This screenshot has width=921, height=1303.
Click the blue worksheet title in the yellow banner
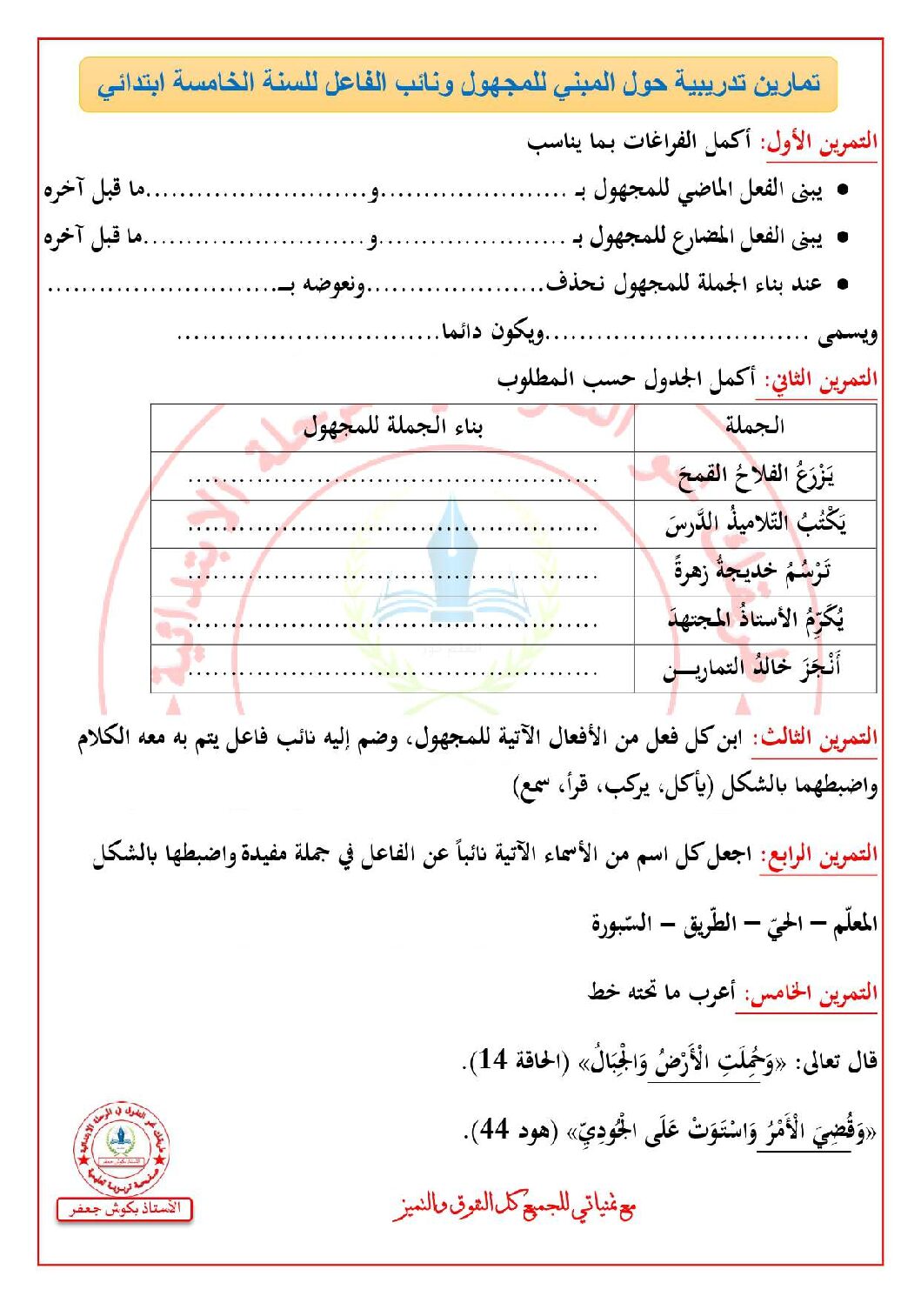(x=458, y=84)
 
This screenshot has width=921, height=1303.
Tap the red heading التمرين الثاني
(x=821, y=380)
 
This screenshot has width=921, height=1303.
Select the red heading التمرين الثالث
(x=815, y=738)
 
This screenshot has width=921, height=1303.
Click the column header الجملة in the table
(x=754, y=426)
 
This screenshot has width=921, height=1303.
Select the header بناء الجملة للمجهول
(x=392, y=426)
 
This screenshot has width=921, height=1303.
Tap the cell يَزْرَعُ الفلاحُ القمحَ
(x=755, y=476)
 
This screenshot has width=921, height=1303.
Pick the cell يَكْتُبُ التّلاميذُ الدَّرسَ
(x=755, y=524)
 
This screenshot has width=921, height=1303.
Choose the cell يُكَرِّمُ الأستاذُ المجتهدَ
(x=755, y=620)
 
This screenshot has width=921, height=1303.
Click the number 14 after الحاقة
(x=493, y=1060)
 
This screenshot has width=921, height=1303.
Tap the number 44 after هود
(x=494, y=1130)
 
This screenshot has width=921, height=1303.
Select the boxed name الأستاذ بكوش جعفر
(x=124, y=1209)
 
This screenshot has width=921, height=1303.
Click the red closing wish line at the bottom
(x=514, y=1206)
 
